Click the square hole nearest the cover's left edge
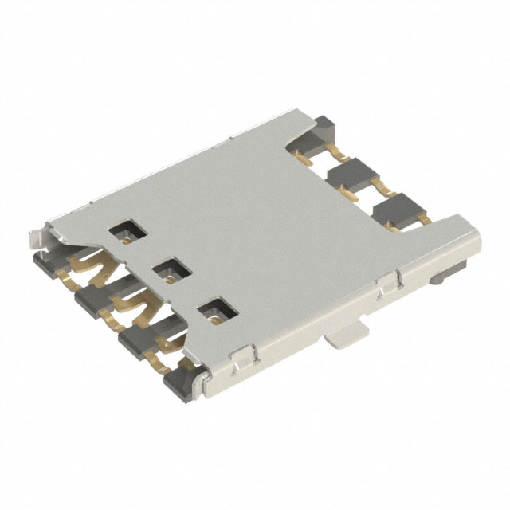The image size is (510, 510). pyautogui.click(x=125, y=232)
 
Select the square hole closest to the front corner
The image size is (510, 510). pyautogui.click(x=213, y=309)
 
